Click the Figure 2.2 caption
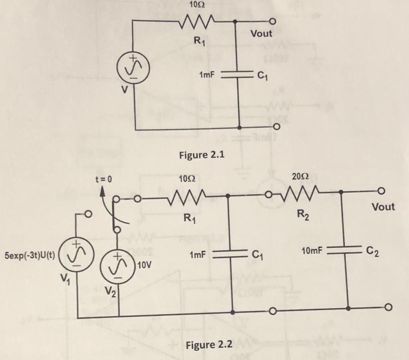tap(209, 344)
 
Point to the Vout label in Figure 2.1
tap(261, 34)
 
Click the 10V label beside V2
tap(144, 265)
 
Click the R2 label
tap(302, 218)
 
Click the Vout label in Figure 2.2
tap(383, 207)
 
